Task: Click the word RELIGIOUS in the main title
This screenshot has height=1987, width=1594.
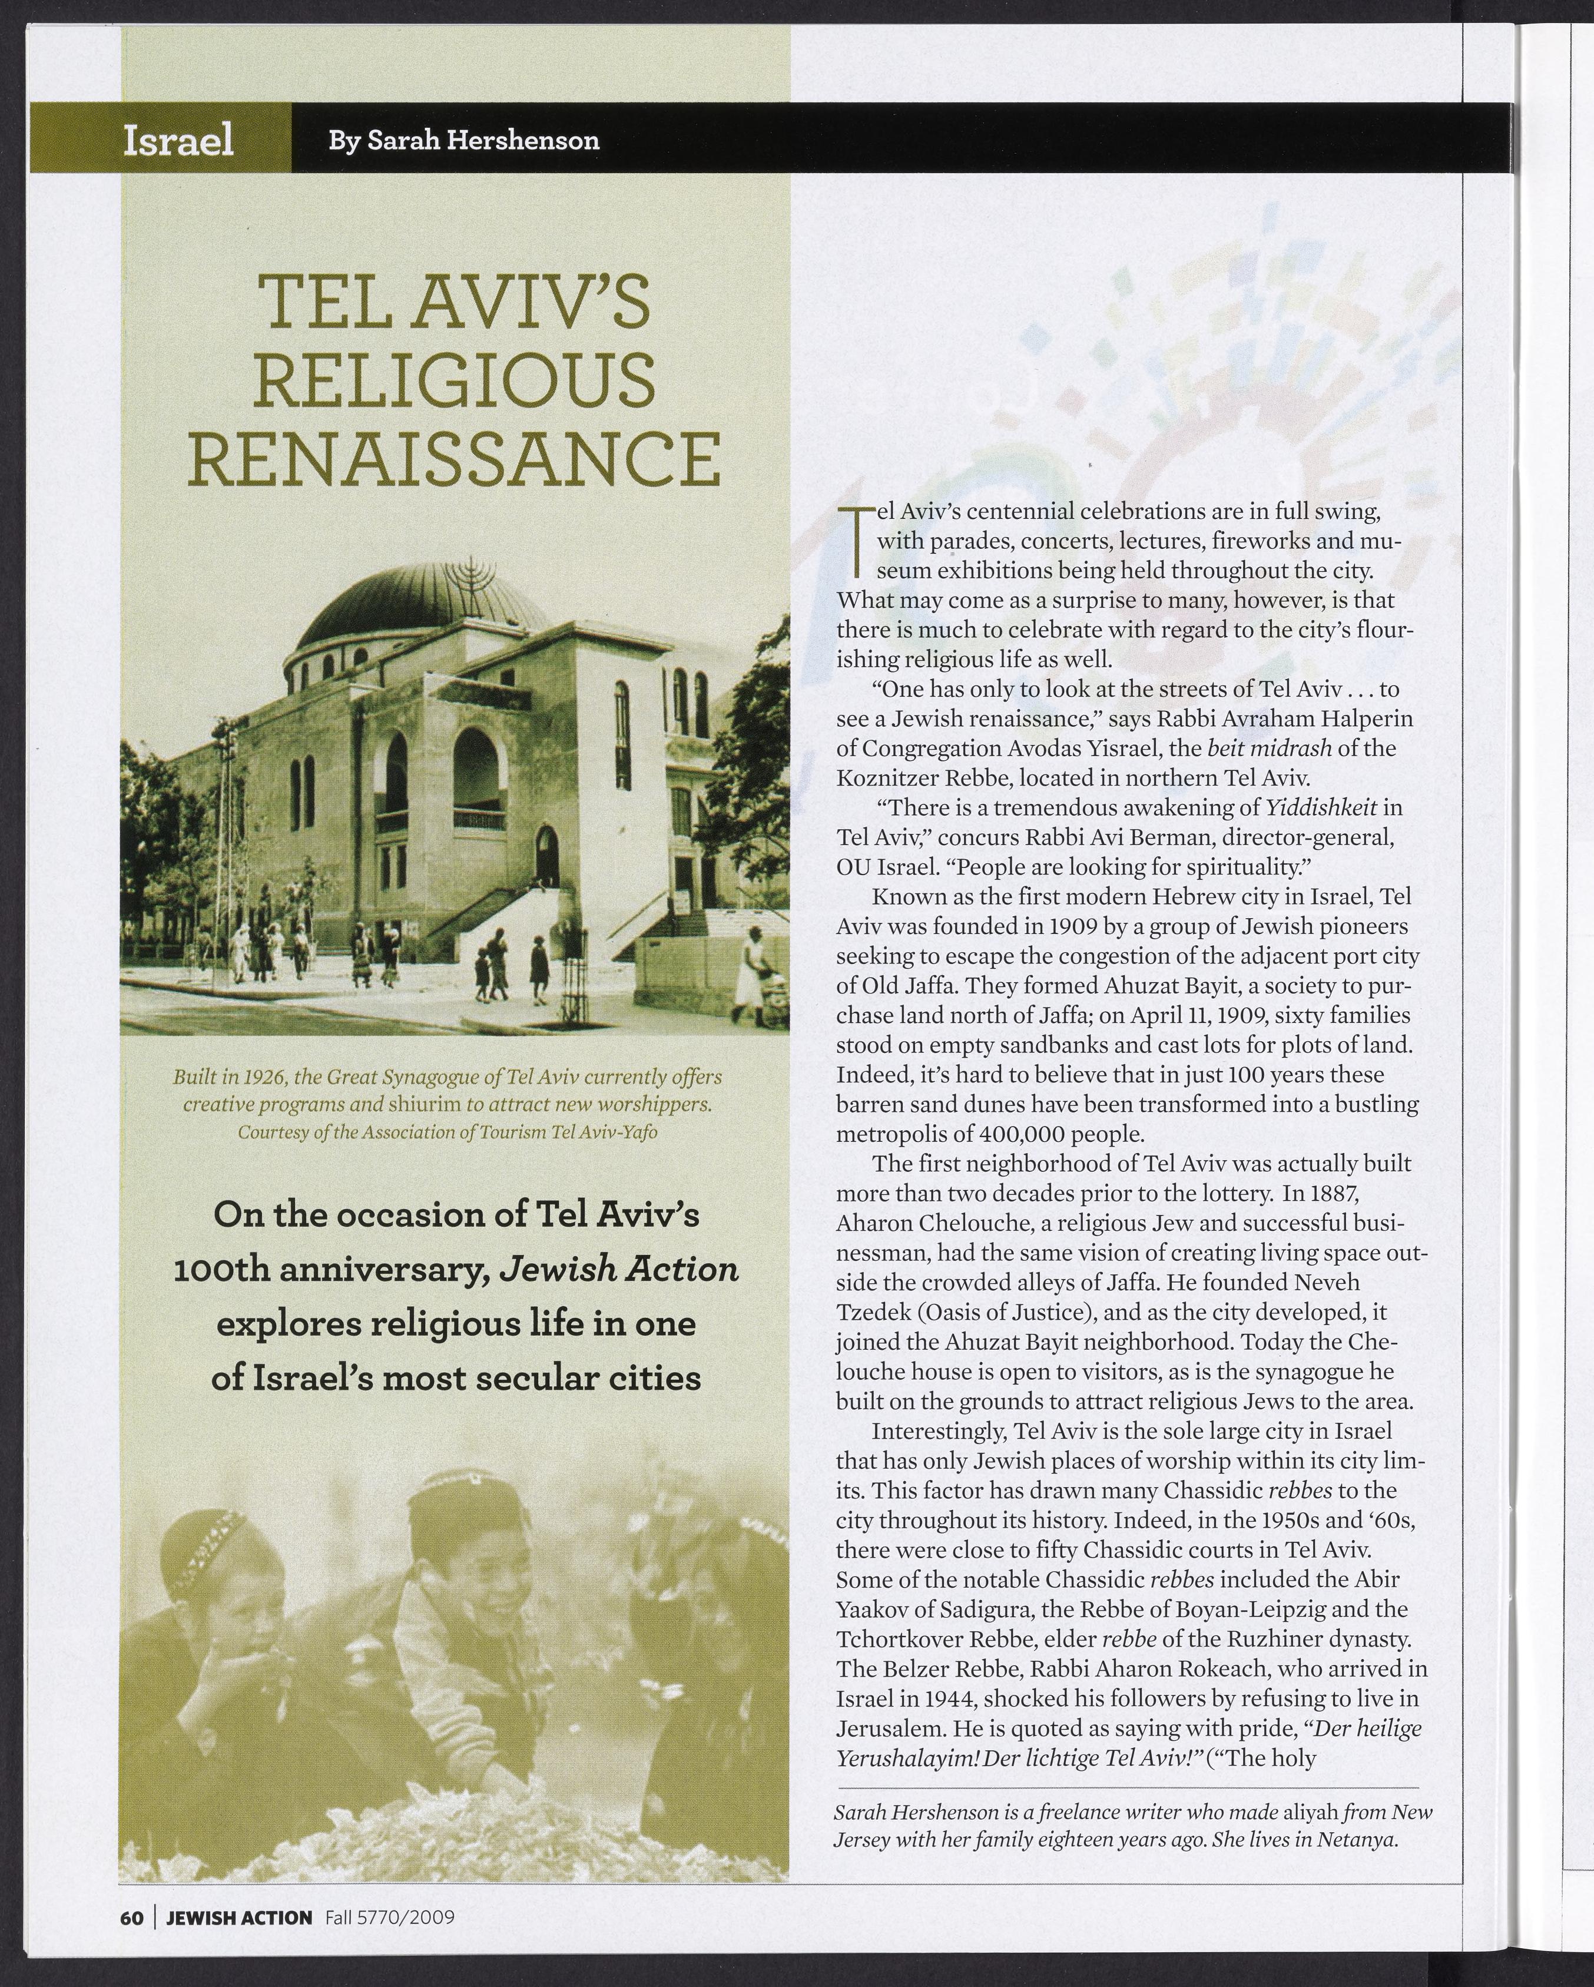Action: pos(453,382)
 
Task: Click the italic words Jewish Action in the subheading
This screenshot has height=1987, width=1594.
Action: pos(618,1270)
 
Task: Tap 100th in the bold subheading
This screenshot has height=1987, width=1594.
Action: pos(221,1270)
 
